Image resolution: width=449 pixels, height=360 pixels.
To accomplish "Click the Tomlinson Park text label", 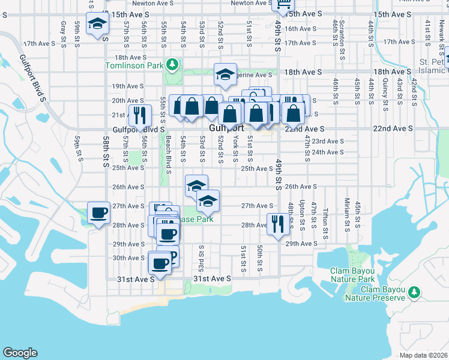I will (x=135, y=65).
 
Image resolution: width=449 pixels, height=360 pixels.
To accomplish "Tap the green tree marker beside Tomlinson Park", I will (x=172, y=64).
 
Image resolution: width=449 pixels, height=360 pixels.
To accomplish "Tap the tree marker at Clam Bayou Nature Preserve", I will (x=414, y=292).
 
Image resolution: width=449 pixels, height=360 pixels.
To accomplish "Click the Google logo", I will (x=20, y=353).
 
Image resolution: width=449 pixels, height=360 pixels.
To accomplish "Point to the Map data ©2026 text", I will (x=423, y=355).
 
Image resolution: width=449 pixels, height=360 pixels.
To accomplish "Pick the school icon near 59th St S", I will (x=97, y=23).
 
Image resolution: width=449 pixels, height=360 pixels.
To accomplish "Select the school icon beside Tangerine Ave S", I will (x=225, y=74).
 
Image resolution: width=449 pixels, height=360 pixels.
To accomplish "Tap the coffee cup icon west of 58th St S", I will (x=99, y=212).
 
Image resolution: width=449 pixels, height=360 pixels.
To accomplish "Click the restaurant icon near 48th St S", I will (x=277, y=224).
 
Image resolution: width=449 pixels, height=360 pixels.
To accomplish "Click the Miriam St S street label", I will (x=347, y=214).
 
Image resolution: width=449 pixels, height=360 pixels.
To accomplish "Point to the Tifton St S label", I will (x=325, y=220).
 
